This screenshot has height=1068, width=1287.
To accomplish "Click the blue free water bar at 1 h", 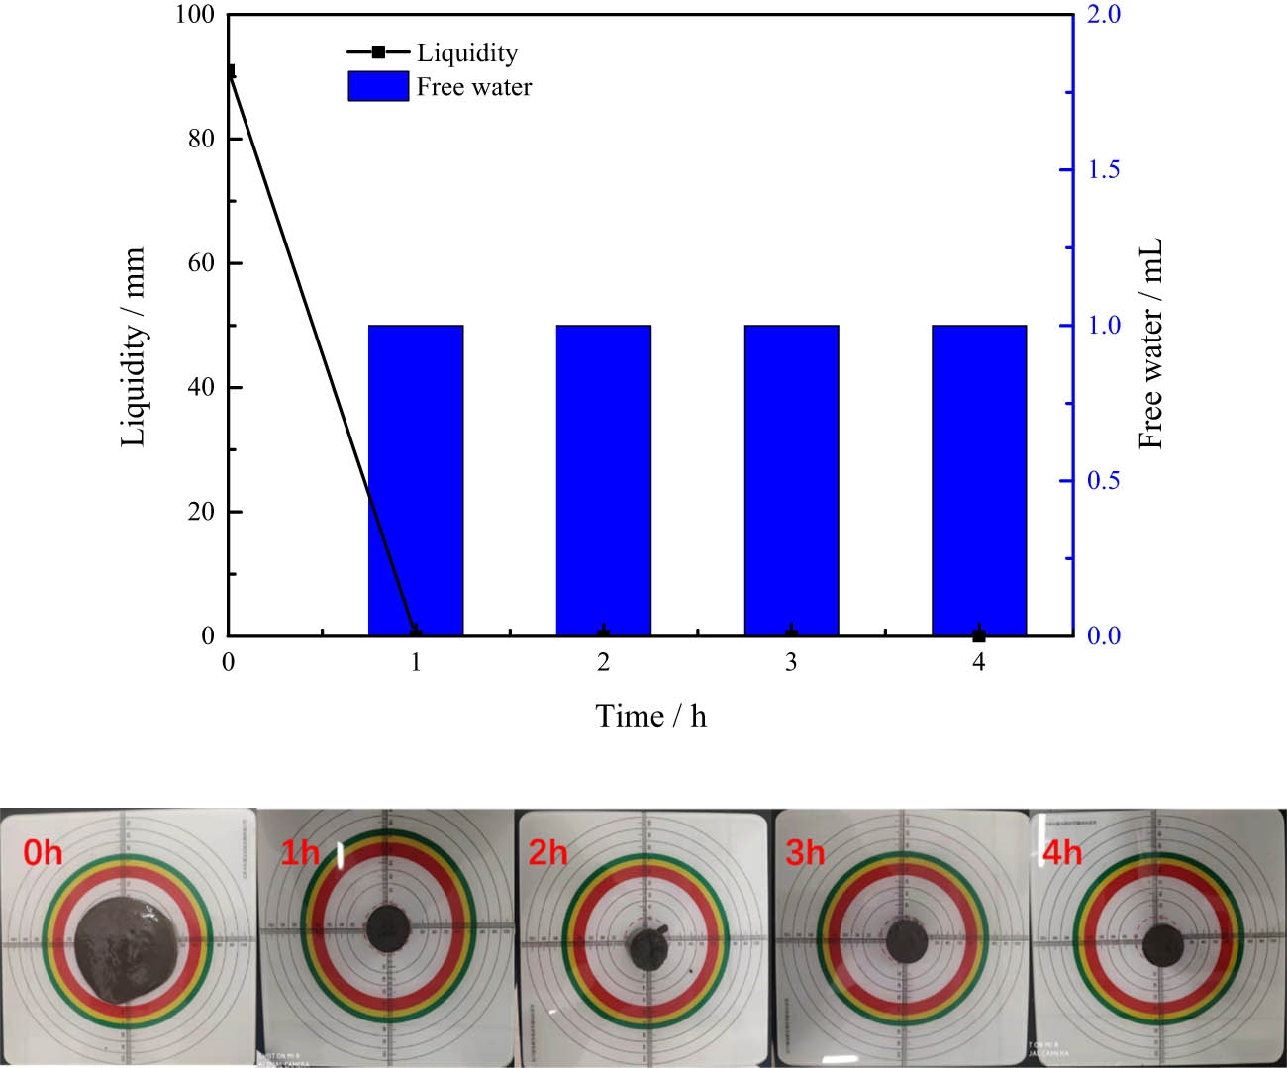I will (416, 480).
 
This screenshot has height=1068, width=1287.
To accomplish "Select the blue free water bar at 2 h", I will (603, 480).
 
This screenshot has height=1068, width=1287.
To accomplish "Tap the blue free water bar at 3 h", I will (791, 480).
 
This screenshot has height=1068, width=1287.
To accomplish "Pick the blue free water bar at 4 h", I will (979, 480).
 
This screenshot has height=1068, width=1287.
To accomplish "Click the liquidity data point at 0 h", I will (230, 72).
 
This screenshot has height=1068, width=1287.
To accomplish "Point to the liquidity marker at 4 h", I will (979, 635).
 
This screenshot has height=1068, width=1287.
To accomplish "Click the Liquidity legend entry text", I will (466, 52).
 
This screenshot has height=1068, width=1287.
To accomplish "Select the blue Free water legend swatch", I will (378, 87).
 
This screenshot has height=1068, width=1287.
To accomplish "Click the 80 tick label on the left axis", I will (201, 139).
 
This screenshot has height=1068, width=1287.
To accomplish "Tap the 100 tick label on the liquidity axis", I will (195, 15).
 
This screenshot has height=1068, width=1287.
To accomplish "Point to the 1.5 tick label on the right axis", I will (1103, 170).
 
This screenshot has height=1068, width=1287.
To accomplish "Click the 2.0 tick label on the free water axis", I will (1103, 15).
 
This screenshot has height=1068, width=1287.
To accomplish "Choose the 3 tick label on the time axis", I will (791, 663).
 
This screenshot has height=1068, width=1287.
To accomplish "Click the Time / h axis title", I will (650, 716).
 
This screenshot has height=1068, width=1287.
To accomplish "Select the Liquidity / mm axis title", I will (133, 346).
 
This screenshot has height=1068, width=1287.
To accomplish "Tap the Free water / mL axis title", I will (1150, 343).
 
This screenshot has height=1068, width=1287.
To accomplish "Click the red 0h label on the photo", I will (43, 852).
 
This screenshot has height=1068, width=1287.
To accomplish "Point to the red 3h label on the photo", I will (805, 852).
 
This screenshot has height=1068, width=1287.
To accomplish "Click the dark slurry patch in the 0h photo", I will (127, 948).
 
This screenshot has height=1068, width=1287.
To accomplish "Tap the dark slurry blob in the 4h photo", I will (1163, 944).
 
